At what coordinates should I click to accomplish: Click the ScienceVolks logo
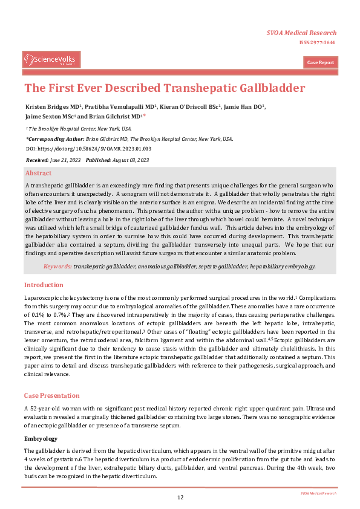click(x=51, y=59)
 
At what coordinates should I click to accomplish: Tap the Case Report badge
click(x=320, y=63)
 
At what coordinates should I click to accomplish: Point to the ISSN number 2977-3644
click(x=320, y=42)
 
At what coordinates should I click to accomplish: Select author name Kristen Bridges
click(x=49, y=106)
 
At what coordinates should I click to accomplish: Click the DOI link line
click(x=88, y=148)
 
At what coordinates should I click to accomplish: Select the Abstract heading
click(x=38, y=173)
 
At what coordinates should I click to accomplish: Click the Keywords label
click(x=57, y=266)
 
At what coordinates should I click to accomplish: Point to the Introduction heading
click(x=44, y=285)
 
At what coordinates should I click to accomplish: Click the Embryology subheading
click(x=41, y=438)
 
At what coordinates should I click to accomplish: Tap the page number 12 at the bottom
click(x=180, y=498)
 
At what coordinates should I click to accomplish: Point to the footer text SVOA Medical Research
click(x=318, y=493)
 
